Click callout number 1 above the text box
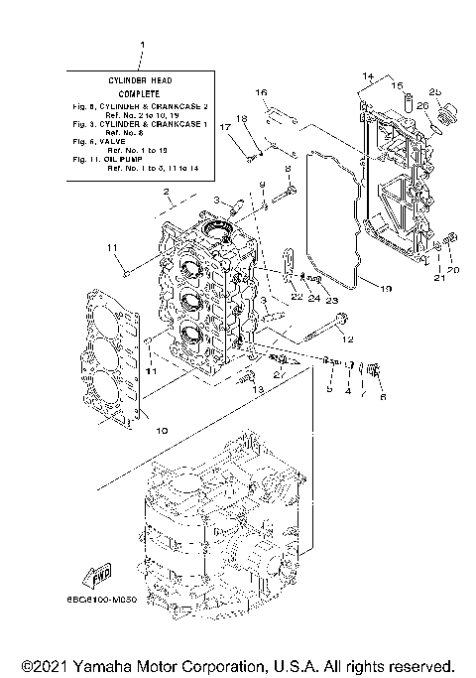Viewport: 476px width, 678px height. (x=143, y=46)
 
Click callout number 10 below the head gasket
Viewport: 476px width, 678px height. (x=162, y=430)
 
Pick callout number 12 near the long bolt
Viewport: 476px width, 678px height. (x=347, y=339)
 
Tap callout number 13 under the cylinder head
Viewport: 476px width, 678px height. (x=260, y=390)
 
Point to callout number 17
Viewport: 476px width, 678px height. (x=225, y=127)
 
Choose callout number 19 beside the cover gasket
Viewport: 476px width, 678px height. (x=387, y=289)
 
